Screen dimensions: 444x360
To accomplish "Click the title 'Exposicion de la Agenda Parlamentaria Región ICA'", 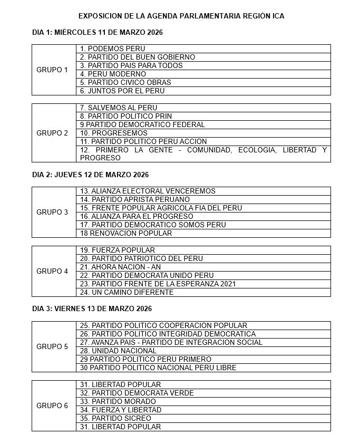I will coord(181,16).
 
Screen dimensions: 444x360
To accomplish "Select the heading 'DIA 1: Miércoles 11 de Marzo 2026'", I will coord(98,33).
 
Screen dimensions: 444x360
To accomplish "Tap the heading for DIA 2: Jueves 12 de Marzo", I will coord(90,175).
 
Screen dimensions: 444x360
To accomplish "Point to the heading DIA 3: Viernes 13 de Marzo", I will coord(92,308).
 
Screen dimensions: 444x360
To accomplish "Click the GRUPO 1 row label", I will coord(52,70).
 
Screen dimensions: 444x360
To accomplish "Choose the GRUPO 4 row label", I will coord(52,271).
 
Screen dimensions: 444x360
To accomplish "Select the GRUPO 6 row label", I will coord(52,406).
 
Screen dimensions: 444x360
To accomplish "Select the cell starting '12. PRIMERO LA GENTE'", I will coord(203,154).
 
